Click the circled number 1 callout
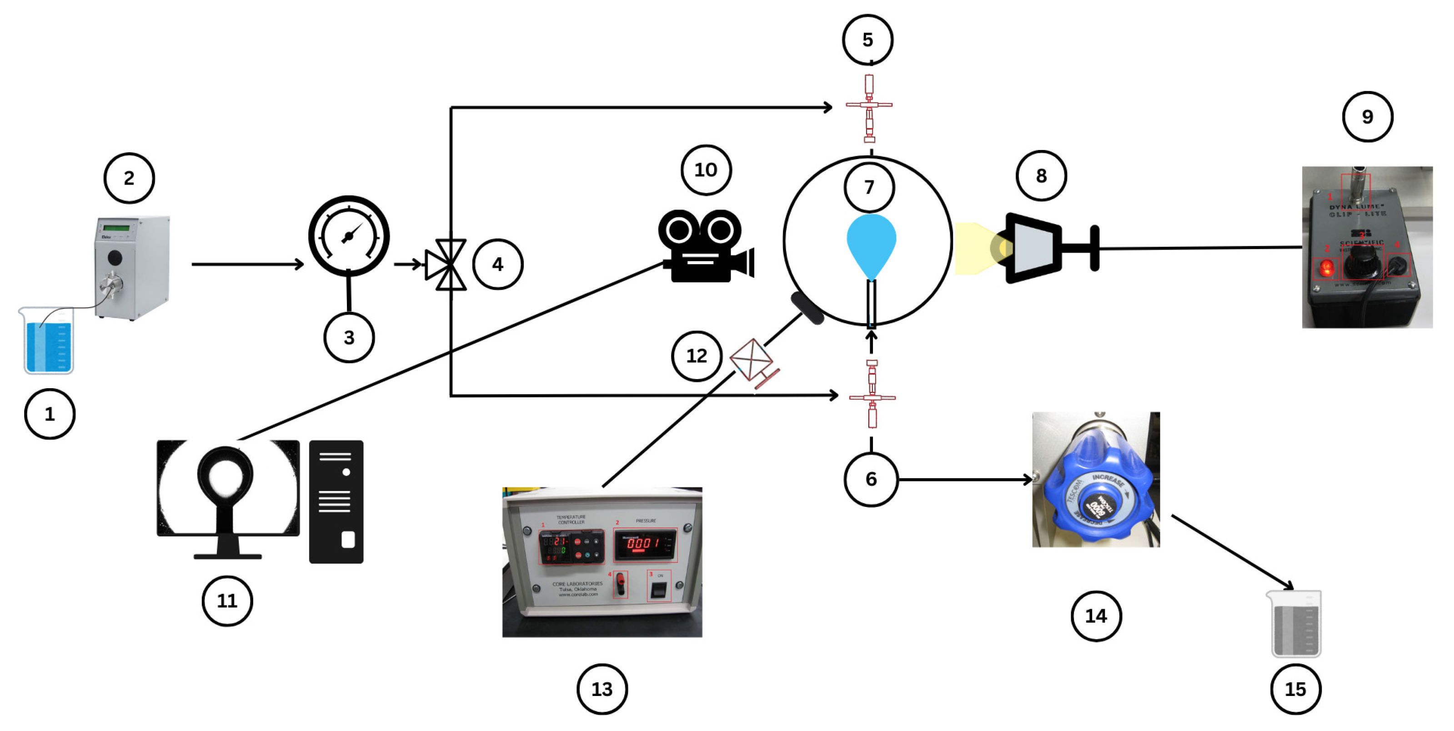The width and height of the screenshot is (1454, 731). pyautogui.click(x=50, y=414)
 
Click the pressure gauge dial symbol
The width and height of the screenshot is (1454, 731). pyautogui.click(x=349, y=236)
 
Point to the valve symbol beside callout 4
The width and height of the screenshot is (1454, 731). pyautogui.click(x=446, y=264)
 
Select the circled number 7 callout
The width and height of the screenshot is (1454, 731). pyautogui.click(x=869, y=187)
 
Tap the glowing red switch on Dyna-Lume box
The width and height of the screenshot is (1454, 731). pyautogui.click(x=1325, y=268)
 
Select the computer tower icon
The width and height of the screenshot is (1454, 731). pyautogui.click(x=336, y=501)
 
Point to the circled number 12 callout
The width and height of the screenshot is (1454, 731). pyautogui.click(x=697, y=355)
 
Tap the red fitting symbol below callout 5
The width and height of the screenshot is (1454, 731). pyautogui.click(x=869, y=107)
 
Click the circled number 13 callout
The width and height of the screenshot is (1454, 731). pyautogui.click(x=602, y=689)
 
